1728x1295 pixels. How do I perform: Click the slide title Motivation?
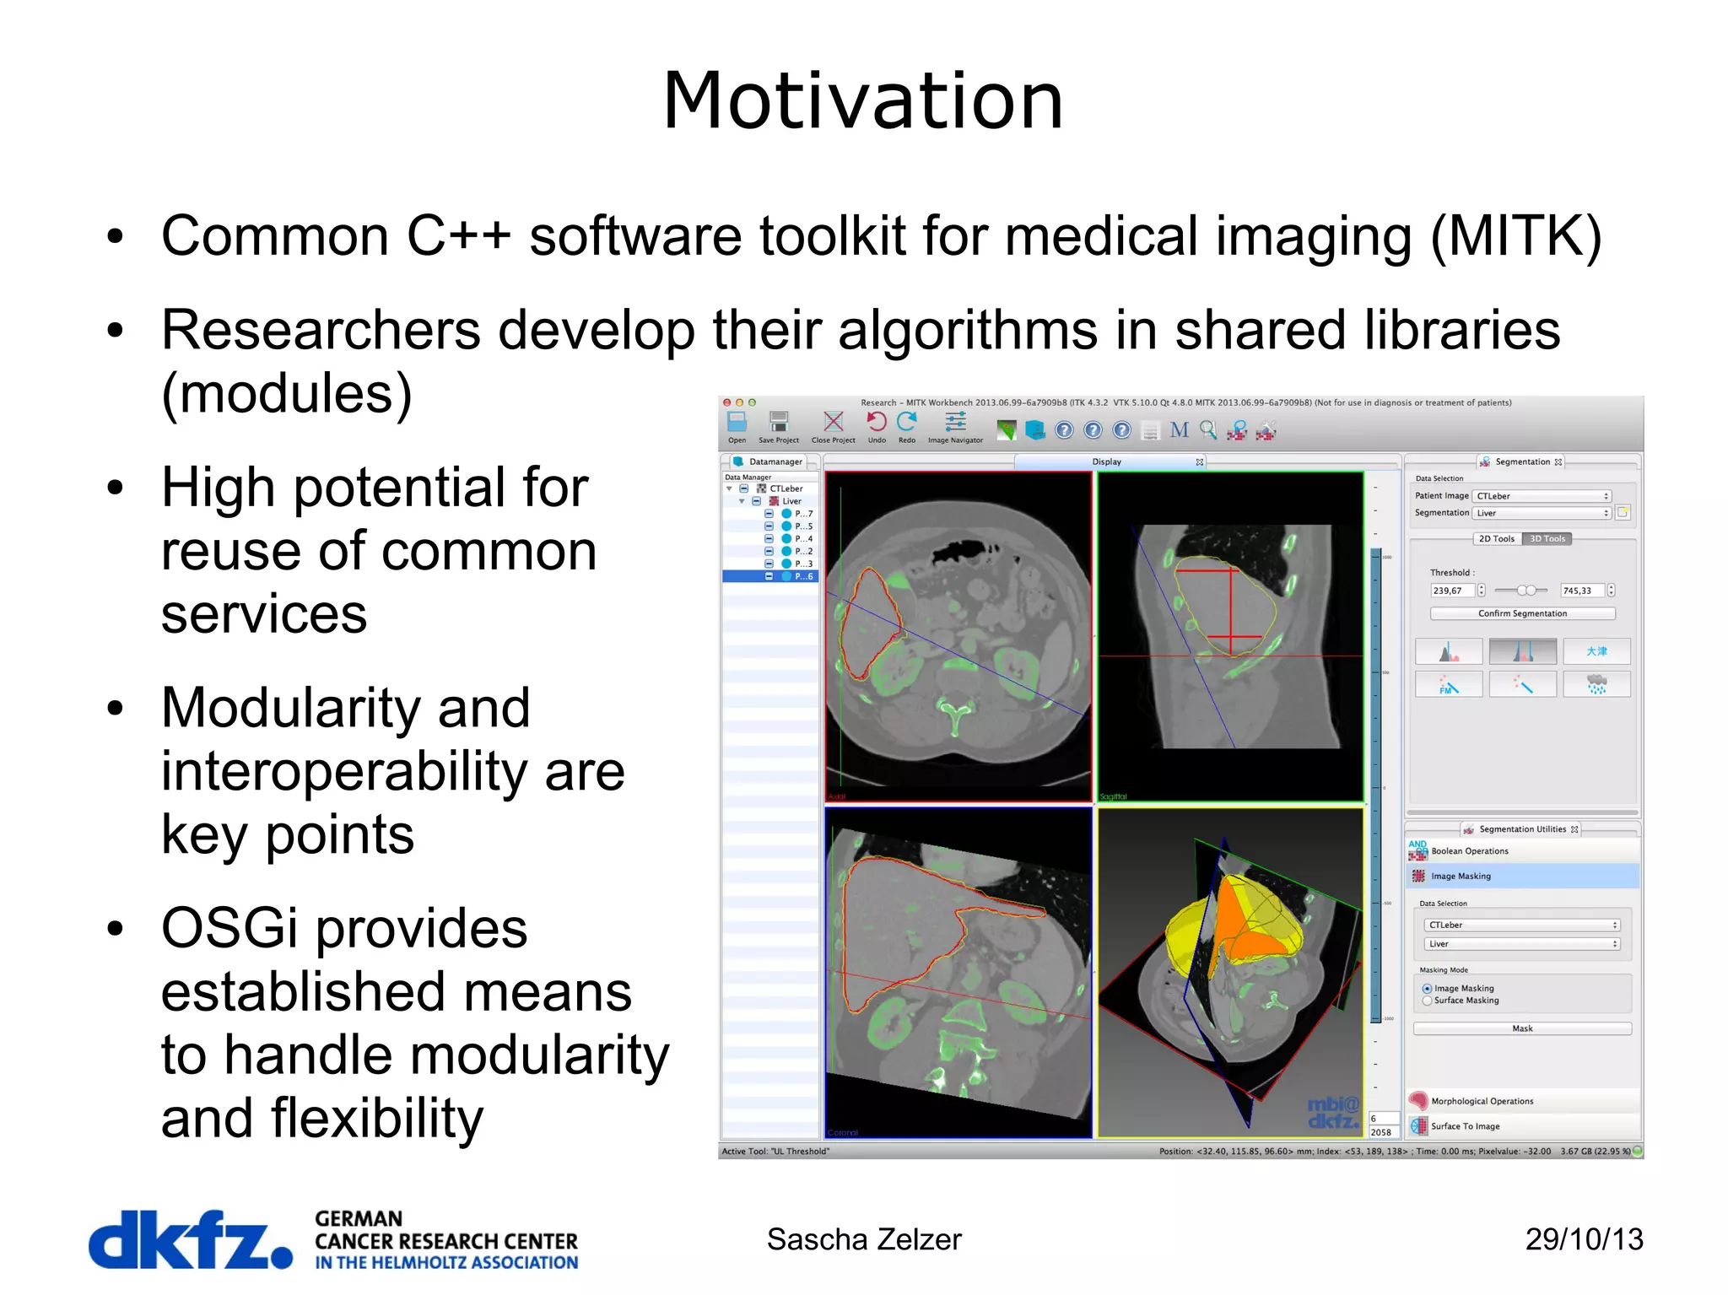(x=862, y=101)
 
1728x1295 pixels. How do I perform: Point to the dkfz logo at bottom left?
(x=190, y=1240)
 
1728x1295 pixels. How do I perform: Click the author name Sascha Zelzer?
(x=863, y=1239)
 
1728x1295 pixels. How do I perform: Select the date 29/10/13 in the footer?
(x=1584, y=1239)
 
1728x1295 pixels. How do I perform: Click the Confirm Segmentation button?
(x=1522, y=613)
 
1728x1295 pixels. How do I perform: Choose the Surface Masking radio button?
(x=1428, y=1001)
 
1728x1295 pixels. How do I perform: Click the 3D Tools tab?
(x=1547, y=539)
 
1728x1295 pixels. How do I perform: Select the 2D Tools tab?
(x=1497, y=539)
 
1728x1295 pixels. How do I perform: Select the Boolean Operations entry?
(x=1469, y=851)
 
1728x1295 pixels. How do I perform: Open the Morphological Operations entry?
(x=1482, y=1101)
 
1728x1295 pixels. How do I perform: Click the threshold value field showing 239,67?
(x=1451, y=591)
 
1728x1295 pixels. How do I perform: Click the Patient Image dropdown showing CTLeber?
(x=1542, y=496)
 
